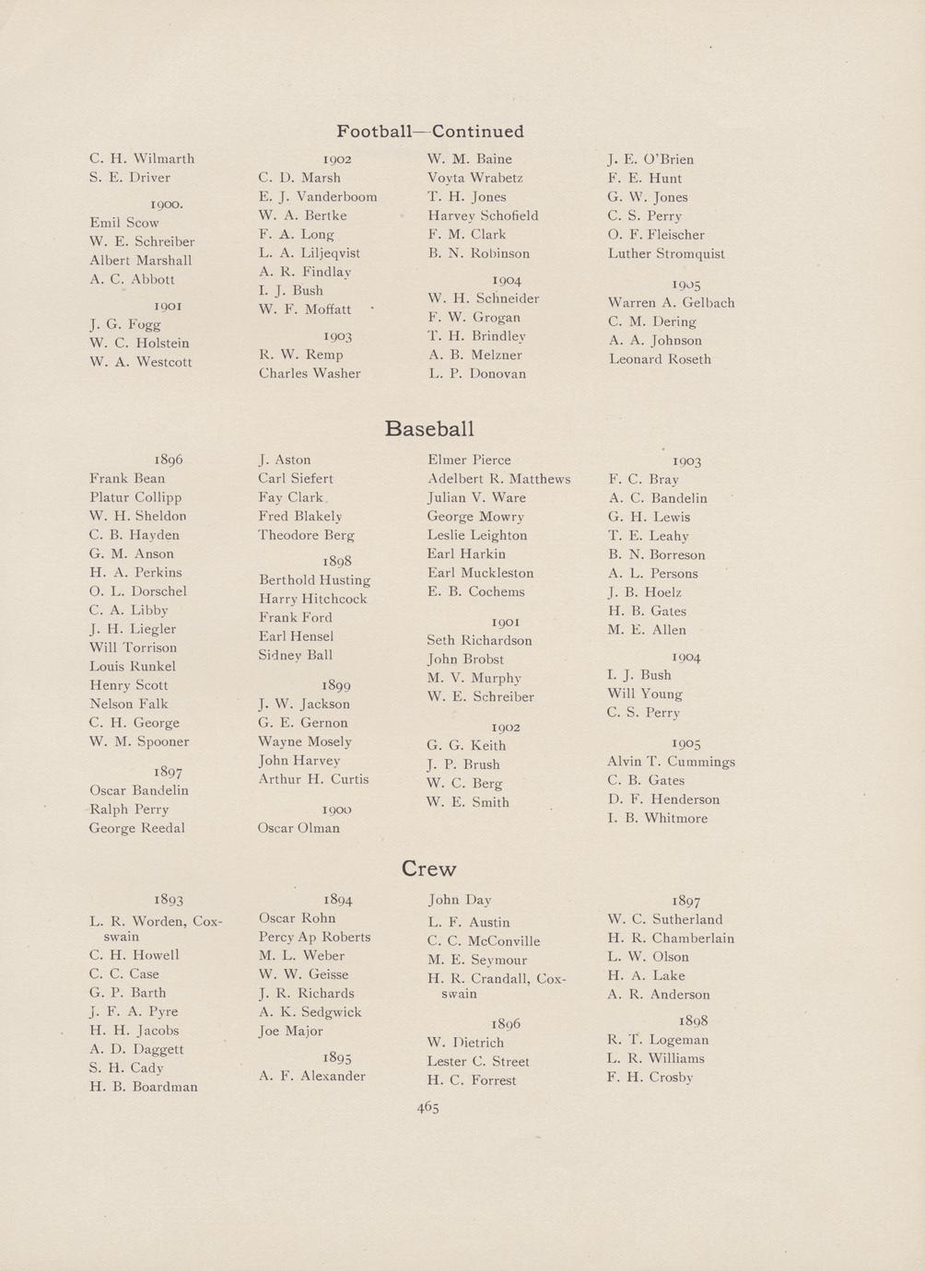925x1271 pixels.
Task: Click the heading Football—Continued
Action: pyautogui.click(x=429, y=132)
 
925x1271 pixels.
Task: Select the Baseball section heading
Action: pyautogui.click(x=429, y=429)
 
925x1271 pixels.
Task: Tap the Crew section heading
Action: pyautogui.click(x=428, y=869)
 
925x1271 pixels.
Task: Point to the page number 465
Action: pyautogui.click(x=427, y=1108)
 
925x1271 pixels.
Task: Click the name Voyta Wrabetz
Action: pyautogui.click(x=474, y=178)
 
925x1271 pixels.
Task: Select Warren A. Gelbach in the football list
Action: pyautogui.click(x=671, y=303)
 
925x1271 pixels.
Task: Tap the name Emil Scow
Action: pyautogui.click(x=124, y=223)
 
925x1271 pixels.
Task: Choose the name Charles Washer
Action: pyautogui.click(x=309, y=374)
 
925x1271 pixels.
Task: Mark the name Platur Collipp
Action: pyautogui.click(x=135, y=497)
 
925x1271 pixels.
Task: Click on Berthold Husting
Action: pyautogui.click(x=314, y=580)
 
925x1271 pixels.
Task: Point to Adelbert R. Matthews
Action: pyautogui.click(x=498, y=479)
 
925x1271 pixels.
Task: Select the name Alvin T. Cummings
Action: pyautogui.click(x=671, y=762)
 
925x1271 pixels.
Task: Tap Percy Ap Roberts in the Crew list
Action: pyautogui.click(x=314, y=938)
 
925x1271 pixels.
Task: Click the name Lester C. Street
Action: pyautogui.click(x=477, y=1062)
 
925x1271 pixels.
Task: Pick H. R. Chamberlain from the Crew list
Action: pyautogui.click(x=671, y=939)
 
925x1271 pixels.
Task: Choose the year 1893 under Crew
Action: pyautogui.click(x=169, y=900)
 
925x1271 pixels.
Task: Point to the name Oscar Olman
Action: pyautogui.click(x=299, y=828)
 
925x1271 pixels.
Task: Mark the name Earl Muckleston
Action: pyautogui.click(x=480, y=573)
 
